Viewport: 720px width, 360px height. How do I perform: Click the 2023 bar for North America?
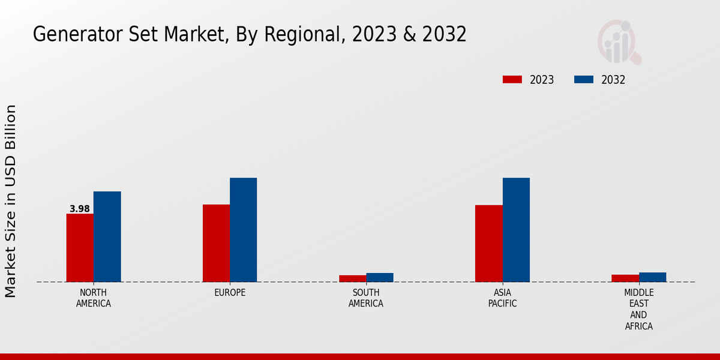80,248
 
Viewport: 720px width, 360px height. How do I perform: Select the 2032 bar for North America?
107,236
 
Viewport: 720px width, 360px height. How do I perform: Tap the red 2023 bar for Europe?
216,243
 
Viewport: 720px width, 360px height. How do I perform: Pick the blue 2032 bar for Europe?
243,230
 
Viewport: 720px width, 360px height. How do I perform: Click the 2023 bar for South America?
352,278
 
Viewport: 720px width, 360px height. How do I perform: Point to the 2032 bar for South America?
380,277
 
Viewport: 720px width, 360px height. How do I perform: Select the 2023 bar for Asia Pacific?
488,244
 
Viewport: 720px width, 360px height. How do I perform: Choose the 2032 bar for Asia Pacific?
516,230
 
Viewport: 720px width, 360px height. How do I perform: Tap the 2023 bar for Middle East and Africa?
625,278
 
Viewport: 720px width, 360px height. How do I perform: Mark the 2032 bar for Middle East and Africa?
652,277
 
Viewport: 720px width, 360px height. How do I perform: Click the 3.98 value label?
80,209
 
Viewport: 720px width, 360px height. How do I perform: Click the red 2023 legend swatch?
512,80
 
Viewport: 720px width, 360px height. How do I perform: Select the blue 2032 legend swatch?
584,80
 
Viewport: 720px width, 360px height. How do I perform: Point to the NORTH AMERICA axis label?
94,298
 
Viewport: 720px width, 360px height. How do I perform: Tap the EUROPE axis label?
230,293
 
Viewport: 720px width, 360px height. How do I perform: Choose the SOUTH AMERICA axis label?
366,298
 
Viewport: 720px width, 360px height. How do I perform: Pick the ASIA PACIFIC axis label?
502,298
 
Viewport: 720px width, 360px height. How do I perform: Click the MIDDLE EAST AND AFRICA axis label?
638,310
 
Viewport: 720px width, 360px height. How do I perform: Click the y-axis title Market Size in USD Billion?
11,201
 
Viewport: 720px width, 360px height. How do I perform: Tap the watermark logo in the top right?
619,42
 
